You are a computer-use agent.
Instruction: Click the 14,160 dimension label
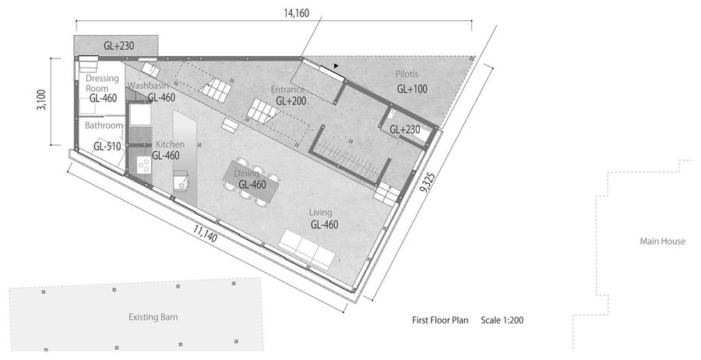[296, 13]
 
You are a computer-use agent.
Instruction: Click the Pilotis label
[407, 74]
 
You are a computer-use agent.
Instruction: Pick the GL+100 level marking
[412, 89]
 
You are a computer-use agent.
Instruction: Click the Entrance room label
[287, 90]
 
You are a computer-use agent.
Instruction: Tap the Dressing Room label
[102, 83]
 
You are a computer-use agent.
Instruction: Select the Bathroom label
[104, 125]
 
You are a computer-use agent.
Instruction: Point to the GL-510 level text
[107, 146]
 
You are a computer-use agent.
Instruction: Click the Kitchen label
[170, 144]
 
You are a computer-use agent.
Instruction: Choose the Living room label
[321, 213]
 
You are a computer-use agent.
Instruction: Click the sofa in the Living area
[307, 249]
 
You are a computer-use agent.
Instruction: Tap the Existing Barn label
[153, 317]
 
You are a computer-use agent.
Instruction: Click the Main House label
[662, 242]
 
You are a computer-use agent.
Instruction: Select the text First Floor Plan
[440, 320]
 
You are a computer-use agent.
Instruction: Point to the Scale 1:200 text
[502, 320]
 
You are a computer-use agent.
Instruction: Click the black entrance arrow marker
[336, 66]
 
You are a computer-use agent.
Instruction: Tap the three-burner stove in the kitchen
[143, 165]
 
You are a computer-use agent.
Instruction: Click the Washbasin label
[148, 86]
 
